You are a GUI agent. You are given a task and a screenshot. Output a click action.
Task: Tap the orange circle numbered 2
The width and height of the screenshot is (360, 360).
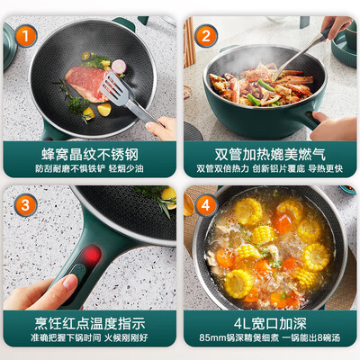click(x=205, y=36)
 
